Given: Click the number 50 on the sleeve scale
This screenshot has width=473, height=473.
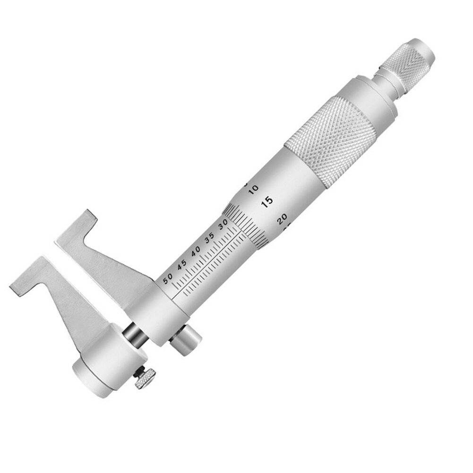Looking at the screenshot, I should coord(167,278).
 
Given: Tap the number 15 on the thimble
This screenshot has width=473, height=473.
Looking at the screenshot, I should coord(267,202).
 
